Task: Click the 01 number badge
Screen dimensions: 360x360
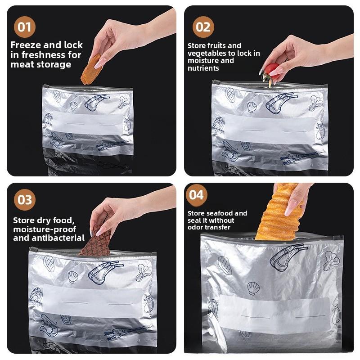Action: pyautogui.click(x=24, y=27)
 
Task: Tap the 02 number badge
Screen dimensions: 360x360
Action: pyautogui.click(x=203, y=27)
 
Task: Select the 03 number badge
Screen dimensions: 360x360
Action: pyautogui.click(x=25, y=200)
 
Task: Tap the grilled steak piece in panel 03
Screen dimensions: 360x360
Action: pyautogui.click(x=97, y=243)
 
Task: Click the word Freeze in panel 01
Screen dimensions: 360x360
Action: pyautogui.click(x=27, y=45)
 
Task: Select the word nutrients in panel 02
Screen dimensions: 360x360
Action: pyautogui.click(x=203, y=68)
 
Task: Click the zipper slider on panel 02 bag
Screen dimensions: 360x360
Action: pyautogui.click(x=216, y=83)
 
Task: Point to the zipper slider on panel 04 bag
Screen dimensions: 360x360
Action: pyautogui.click(x=338, y=238)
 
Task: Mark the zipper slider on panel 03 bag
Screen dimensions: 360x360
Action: pyautogui.click(x=33, y=249)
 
